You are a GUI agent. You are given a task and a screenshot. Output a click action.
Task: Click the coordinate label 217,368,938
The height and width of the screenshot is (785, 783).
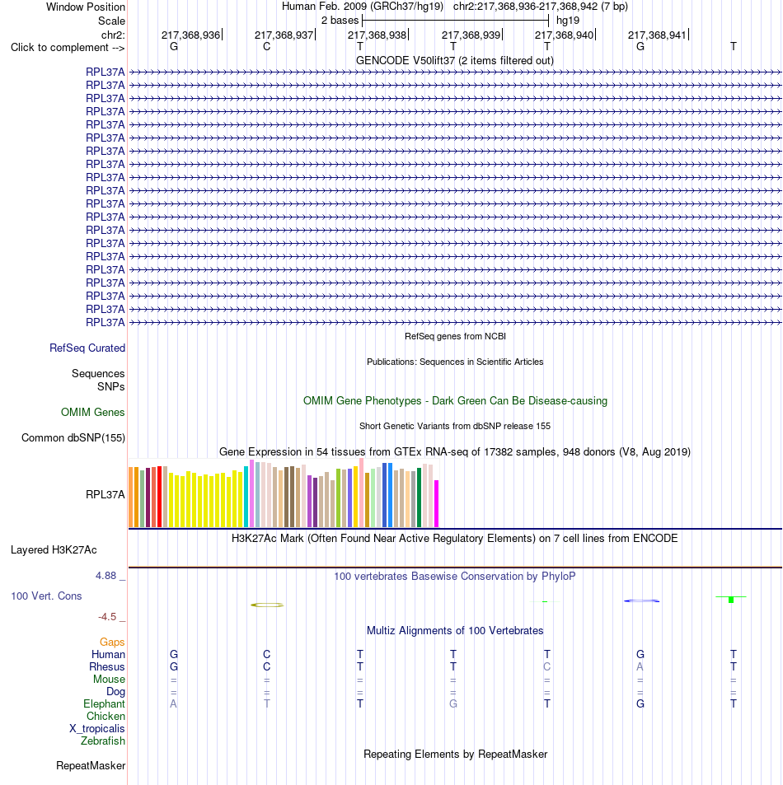pos(377,35)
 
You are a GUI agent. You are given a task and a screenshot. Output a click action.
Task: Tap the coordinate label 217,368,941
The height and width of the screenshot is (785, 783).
pos(657,35)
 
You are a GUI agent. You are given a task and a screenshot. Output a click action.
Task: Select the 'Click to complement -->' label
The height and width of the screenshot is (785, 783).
pos(68,48)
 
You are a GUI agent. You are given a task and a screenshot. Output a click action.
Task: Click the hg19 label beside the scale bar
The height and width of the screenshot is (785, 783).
pos(568,21)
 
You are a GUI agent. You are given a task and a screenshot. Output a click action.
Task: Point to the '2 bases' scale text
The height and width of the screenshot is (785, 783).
pos(340,21)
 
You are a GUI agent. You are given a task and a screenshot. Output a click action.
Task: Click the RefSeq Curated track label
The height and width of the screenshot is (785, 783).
pos(87,348)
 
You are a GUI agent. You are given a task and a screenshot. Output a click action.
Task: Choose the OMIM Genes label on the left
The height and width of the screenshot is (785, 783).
pos(92,412)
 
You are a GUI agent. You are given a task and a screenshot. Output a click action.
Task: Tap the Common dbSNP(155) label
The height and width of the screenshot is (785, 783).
pos(73,437)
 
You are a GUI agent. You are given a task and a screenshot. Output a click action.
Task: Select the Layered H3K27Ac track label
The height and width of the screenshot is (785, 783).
pos(54,549)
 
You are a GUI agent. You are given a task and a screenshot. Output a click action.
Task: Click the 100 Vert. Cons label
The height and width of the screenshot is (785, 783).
pos(46,596)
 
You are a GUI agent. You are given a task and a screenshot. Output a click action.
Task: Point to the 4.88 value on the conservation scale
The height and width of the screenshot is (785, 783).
pos(105,576)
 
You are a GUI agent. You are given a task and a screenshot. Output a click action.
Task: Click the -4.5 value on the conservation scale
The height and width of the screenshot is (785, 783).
pos(106,617)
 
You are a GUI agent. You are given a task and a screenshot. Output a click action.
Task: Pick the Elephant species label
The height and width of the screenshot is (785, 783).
pos(104,704)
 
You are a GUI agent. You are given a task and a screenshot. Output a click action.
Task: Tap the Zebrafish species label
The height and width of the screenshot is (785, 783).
pos(103,741)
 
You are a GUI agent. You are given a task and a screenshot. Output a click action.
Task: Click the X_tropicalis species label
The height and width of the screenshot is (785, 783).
pos(96,728)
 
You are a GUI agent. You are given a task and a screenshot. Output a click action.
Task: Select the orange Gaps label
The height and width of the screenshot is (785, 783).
pos(112,642)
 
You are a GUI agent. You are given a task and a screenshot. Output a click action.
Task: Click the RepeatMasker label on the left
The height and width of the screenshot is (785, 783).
pos(91,765)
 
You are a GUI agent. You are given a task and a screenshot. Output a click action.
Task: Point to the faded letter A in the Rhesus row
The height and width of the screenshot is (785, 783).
pos(640,667)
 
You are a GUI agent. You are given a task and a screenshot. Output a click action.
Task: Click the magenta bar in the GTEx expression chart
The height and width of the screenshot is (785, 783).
pos(436,503)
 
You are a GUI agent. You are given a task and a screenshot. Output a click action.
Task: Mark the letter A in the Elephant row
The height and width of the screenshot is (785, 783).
pos(173,704)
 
